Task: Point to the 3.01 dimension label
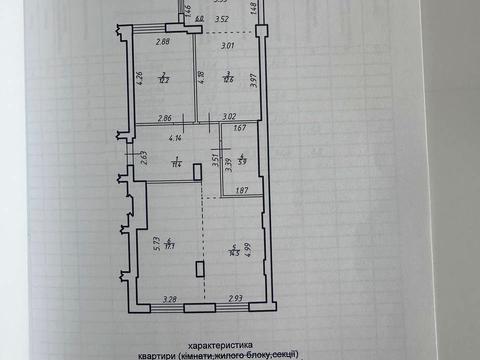(228, 45)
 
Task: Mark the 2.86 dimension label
(166, 119)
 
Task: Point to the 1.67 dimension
(240, 127)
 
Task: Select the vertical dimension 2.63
(144, 156)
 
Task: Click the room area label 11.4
(175, 162)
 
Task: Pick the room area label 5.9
(242, 160)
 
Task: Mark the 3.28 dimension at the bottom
(170, 298)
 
